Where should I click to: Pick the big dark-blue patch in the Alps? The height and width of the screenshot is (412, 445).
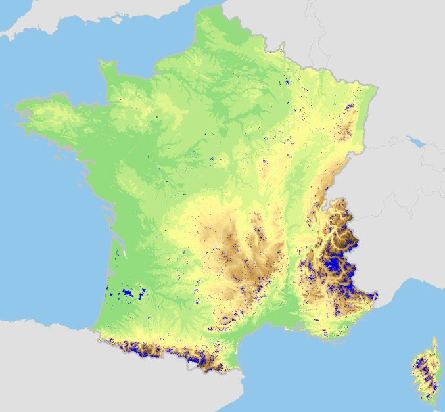334,265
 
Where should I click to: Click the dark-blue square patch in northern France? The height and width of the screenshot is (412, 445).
287,83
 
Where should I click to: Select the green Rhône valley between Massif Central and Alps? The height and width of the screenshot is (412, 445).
289,276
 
